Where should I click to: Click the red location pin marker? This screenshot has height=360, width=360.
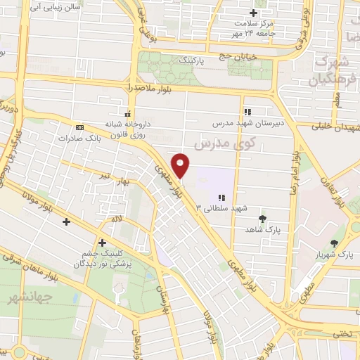(x=181, y=165)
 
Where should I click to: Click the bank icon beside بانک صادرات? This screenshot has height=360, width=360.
(x=79, y=127)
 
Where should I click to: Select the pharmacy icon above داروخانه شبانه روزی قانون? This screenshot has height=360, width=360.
(x=127, y=113)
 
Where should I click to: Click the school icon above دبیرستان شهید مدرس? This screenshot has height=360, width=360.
(x=247, y=111)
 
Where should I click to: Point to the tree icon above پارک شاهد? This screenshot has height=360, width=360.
(x=263, y=219)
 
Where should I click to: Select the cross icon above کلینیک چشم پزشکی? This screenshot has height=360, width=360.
(x=103, y=242)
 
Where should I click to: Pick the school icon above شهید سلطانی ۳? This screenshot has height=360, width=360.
(x=221, y=198)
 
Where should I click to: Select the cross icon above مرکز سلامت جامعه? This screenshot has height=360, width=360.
(x=254, y=13)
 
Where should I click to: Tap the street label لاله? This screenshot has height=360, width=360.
(x=116, y=220)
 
